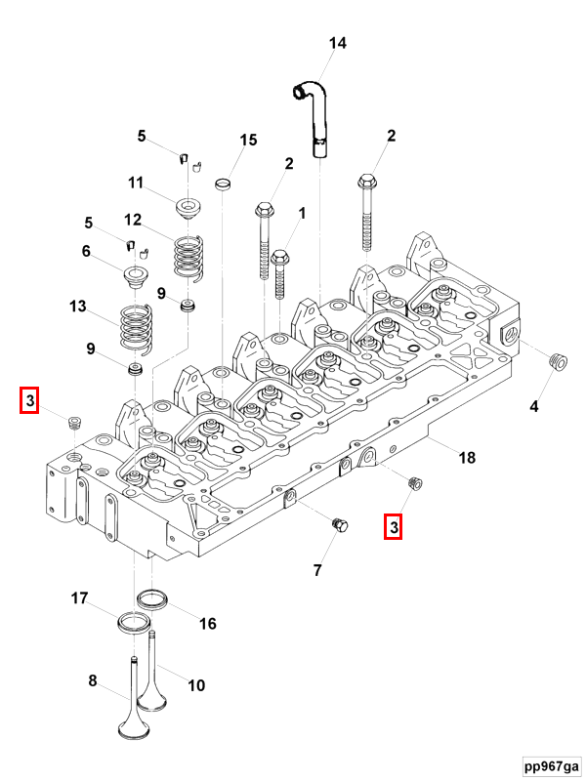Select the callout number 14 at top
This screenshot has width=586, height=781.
click(x=337, y=44)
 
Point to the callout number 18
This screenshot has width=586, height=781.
click(x=467, y=458)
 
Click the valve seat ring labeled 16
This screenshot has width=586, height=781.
click(x=152, y=597)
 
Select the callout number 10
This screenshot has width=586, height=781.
click(x=196, y=685)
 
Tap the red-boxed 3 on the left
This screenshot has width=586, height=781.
click(x=30, y=400)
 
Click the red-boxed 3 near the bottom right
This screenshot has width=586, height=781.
click(x=394, y=527)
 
